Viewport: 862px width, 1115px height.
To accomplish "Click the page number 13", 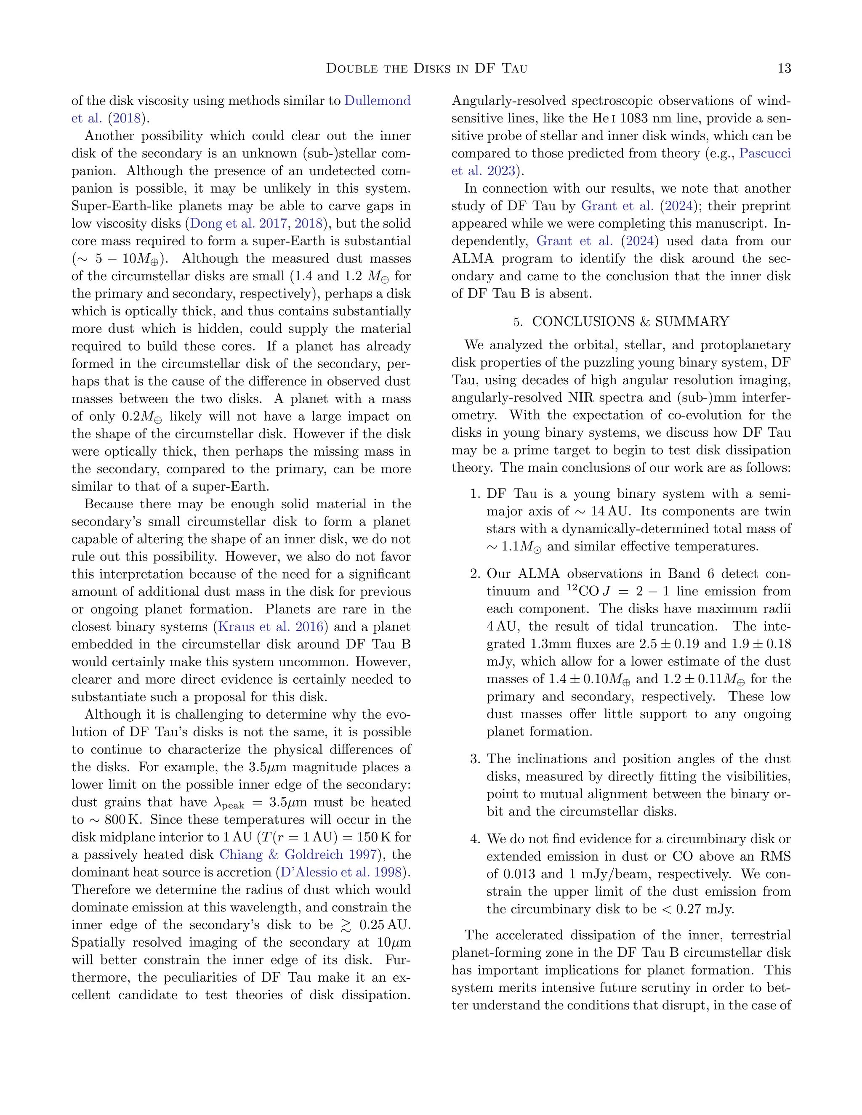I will click(784, 68).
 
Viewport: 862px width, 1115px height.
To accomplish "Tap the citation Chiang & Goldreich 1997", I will click(298, 855).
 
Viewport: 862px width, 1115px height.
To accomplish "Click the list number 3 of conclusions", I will click(475, 759).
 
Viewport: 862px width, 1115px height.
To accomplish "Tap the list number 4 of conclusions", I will click(475, 839).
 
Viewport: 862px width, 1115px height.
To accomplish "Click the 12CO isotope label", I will click(582, 591).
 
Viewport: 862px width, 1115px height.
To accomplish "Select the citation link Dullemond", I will click(378, 101).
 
